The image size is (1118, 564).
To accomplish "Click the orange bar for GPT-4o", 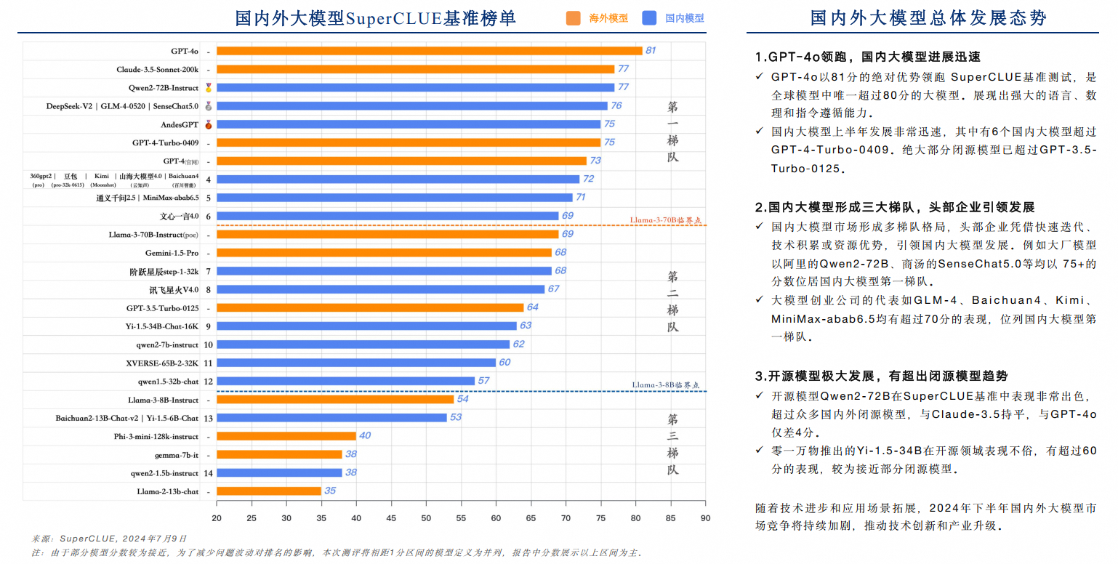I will [429, 51].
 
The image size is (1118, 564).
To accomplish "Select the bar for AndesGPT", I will [408, 124].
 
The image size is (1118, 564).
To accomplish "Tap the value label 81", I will [651, 51].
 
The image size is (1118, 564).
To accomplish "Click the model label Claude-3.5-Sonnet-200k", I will [157, 70].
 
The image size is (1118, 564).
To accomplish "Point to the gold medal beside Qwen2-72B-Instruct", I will [209, 88].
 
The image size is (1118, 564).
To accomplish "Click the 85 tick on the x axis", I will [670, 518].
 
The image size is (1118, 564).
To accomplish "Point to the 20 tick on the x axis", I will [217, 518].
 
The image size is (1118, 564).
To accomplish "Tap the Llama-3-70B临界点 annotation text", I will [668, 219].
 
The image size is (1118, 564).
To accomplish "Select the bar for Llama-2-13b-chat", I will [269, 491].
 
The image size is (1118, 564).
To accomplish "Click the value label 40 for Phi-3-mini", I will [365, 436].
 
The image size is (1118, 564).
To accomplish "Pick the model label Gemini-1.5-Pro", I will [172, 253].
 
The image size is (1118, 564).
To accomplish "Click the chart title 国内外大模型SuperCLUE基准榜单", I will [375, 19].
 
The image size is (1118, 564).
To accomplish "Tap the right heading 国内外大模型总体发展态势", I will [928, 19].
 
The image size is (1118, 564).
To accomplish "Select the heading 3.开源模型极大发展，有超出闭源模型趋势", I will [881, 376].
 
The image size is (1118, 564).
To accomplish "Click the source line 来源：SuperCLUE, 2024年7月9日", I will [109, 539].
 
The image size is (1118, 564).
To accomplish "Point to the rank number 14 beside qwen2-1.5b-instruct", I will [209, 473].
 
